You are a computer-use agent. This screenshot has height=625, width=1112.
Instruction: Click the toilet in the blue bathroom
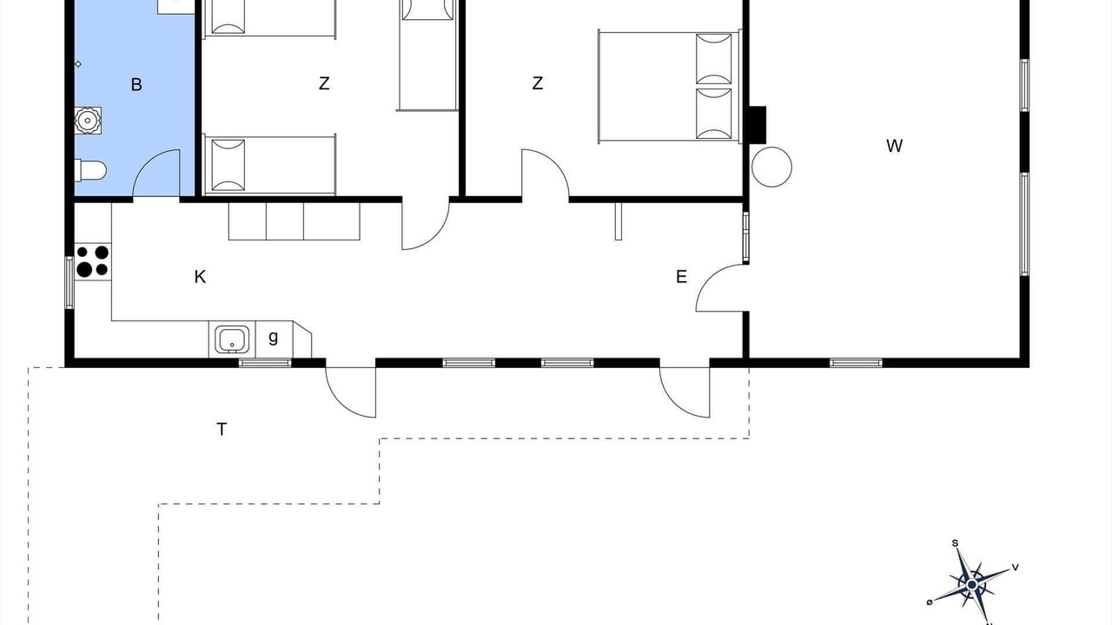[90, 170]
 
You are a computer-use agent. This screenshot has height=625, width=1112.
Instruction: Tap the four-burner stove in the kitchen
[93, 261]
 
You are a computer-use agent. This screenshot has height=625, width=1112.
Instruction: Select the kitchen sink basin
[232, 339]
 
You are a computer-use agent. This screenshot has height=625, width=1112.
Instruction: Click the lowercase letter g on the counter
[273, 338]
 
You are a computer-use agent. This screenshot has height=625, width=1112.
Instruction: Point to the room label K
[200, 277]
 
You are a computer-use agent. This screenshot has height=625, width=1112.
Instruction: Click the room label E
[682, 277]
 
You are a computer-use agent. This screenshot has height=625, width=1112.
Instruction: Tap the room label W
[894, 146]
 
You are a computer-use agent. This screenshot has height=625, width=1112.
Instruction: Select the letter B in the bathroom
[136, 85]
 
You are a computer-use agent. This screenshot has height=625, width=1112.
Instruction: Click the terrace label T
[222, 429]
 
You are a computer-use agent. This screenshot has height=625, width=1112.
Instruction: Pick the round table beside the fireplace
[771, 167]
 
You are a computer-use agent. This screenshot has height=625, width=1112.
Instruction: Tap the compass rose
[971, 585]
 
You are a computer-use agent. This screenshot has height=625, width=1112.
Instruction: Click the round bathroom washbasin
[88, 120]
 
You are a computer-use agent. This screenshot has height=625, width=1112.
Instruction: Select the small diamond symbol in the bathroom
[78, 64]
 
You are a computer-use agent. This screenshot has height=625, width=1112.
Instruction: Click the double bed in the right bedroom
[670, 87]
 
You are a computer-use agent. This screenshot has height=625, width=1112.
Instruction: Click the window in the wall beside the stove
[69, 282]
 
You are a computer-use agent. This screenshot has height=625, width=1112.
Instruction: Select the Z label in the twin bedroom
[324, 82]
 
